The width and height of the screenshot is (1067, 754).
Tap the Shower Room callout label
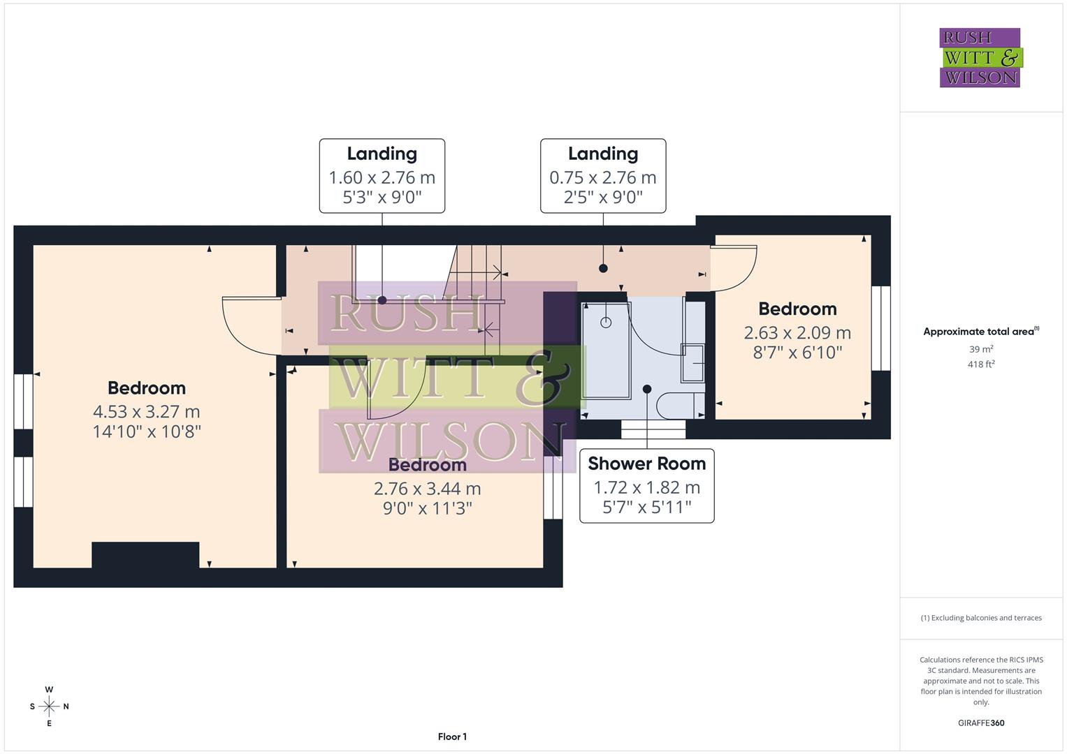(x=646, y=485)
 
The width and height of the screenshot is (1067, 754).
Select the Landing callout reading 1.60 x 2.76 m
(x=382, y=175)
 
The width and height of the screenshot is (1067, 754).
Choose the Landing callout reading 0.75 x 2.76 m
(x=602, y=175)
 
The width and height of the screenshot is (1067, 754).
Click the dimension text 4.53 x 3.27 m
(x=147, y=412)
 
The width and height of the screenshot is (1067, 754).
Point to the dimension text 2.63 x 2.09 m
(x=797, y=333)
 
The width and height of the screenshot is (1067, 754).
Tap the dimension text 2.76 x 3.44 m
(x=427, y=489)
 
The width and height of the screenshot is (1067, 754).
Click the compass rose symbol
(x=49, y=707)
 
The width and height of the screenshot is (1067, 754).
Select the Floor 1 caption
(x=452, y=737)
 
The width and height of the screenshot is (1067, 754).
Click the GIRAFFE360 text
(x=981, y=723)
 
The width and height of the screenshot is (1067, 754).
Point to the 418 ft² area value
(x=981, y=364)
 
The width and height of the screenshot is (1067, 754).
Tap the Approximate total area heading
(x=980, y=332)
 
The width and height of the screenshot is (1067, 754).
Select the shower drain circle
(x=606, y=323)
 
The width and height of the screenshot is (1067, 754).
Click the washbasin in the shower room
(x=693, y=363)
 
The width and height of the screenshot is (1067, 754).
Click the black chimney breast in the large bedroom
(x=145, y=555)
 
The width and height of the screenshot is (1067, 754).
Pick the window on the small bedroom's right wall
(x=880, y=328)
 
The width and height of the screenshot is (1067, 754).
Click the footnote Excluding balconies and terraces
(x=981, y=618)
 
